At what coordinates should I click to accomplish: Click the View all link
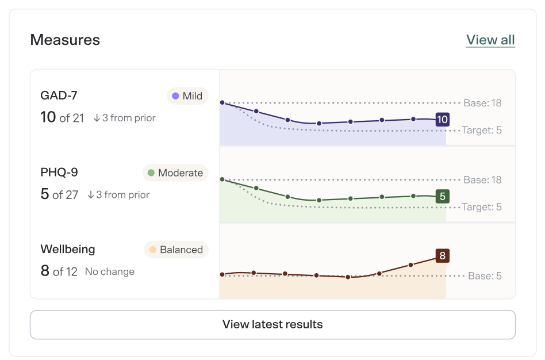tap(490, 40)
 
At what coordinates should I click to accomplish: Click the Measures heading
tap(65, 40)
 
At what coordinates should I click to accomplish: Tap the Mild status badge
tap(187, 96)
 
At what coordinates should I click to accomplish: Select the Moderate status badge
tap(175, 173)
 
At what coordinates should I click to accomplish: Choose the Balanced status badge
tap(176, 250)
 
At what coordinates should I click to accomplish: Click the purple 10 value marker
tap(443, 120)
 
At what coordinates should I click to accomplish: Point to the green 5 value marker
tap(443, 197)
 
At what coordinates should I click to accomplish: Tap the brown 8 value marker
tap(443, 256)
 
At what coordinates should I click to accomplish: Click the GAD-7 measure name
tap(59, 95)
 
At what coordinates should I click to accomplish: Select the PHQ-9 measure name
tap(59, 172)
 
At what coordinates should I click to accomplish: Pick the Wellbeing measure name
tap(68, 249)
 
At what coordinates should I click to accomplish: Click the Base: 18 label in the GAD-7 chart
tap(482, 103)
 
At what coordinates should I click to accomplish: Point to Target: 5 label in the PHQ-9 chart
tap(482, 207)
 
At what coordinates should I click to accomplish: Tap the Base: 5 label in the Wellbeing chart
tap(485, 276)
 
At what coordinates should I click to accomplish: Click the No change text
tap(110, 271)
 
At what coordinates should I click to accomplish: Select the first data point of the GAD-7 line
tap(222, 102)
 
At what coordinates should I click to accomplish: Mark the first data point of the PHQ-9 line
tap(222, 179)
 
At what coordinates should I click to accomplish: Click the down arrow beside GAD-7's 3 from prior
tap(97, 118)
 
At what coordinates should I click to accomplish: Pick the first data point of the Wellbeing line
tap(222, 274)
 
